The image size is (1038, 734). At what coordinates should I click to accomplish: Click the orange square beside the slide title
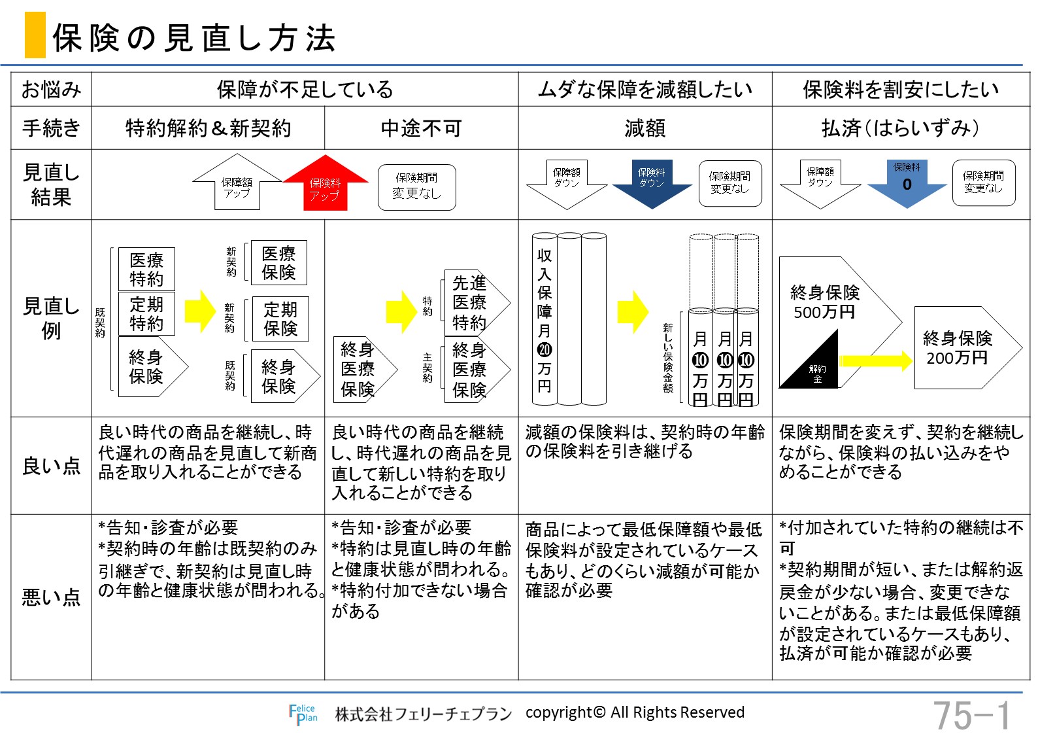[x=35, y=35]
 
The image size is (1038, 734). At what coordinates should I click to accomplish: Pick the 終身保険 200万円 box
[x=967, y=348]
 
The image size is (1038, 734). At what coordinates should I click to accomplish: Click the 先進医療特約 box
[x=477, y=302]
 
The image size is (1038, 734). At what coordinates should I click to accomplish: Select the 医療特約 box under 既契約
[x=146, y=269]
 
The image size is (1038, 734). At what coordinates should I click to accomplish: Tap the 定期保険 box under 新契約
[x=280, y=319]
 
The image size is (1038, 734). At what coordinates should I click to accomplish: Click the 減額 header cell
[x=645, y=128]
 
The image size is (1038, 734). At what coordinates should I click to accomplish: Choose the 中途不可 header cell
[x=421, y=128]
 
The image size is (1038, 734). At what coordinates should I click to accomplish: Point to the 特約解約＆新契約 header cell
[x=208, y=128]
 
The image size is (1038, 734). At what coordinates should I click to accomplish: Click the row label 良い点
[x=51, y=466]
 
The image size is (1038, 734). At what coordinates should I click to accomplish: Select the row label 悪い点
[x=51, y=597]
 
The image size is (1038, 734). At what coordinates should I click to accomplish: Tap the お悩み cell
[x=51, y=89]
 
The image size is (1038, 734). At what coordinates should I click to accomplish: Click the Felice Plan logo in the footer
[x=303, y=714]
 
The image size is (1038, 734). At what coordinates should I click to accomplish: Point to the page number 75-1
[x=972, y=716]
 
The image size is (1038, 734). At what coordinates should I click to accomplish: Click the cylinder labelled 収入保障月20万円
[x=544, y=319]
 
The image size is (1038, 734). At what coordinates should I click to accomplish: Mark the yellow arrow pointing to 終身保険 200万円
[x=876, y=360]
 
